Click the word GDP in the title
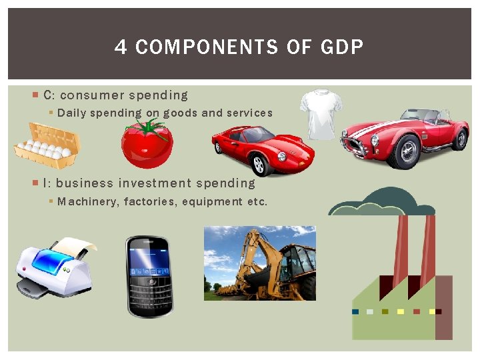(342, 47)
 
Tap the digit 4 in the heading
(121, 47)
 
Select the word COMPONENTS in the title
(206, 47)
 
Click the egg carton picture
(47, 145)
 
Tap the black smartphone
(149, 275)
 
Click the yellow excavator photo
(260, 263)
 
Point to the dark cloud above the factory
(383, 201)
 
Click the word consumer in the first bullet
(92, 95)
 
